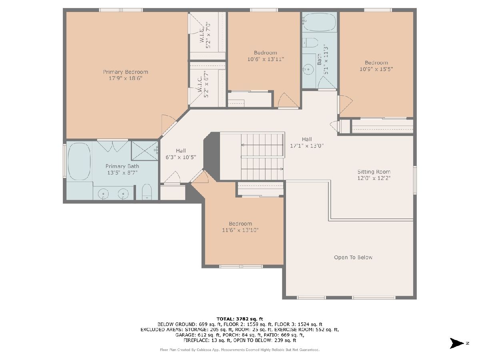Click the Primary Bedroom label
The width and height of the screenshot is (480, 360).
pos(126,72)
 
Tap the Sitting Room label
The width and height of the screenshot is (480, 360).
pos(374,172)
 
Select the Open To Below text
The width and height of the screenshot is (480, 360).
pos(353,258)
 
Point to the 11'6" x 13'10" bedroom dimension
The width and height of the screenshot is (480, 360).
pos(240,230)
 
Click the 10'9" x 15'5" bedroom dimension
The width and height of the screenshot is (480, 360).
pos(376,69)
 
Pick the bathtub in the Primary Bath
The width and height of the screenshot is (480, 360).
pos(79,161)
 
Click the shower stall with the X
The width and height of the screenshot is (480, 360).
pos(144,151)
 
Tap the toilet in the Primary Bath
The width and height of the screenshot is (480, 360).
pos(147,192)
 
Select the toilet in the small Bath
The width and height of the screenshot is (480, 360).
pos(310,43)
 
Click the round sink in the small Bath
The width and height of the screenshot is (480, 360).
pos(308,70)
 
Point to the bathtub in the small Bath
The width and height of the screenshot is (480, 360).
pos(319,22)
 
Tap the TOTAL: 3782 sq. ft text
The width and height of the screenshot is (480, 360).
pos(240,319)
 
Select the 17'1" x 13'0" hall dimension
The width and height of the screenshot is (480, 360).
pos(306,146)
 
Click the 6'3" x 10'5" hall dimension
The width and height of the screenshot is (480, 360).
pos(181,157)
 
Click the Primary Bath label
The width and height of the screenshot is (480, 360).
pos(122,166)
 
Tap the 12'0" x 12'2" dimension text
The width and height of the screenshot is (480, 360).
pos(374,178)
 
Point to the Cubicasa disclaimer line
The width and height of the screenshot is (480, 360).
pos(240,350)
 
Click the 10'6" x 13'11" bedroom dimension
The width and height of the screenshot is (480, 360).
pos(266,59)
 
